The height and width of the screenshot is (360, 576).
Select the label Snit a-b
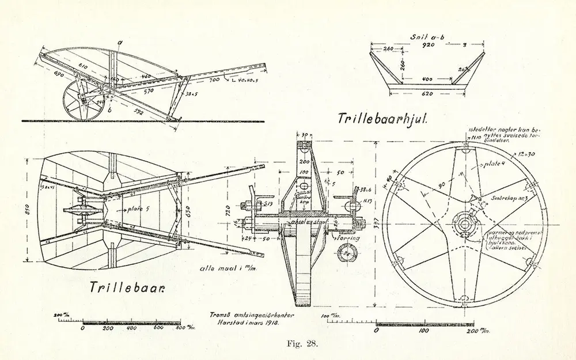pos(428,37)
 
